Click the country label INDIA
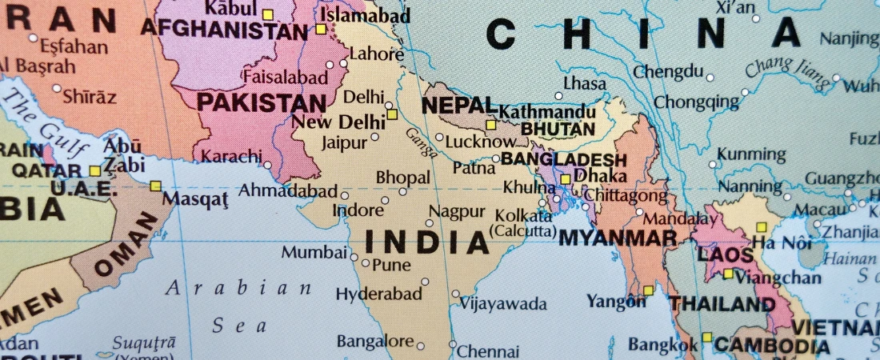pos(426,242)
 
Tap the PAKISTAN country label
pos(262,102)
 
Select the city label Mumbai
pos(314,253)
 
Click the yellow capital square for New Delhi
pos(392,114)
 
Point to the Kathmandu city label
pos(547,111)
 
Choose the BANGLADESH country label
pos(564,159)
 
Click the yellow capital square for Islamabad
pos(321,29)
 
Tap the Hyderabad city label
pos(378,294)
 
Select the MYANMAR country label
pos(617,238)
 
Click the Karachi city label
pos(231,155)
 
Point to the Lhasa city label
pos(584,83)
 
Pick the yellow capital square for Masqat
pos(155,186)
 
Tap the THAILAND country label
pos(722,304)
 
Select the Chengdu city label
pos(668,71)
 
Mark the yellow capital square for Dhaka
pos(566,179)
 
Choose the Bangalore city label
pos(375,342)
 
